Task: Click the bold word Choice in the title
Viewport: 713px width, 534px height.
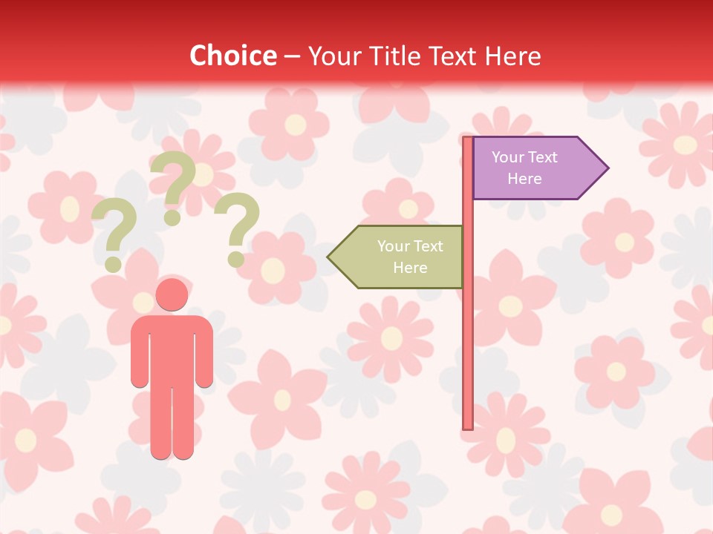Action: [232, 56]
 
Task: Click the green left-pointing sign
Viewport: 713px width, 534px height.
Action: [401, 257]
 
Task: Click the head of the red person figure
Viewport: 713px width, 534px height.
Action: [172, 294]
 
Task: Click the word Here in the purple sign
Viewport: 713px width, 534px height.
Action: [524, 179]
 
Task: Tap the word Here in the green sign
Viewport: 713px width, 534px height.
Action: [410, 268]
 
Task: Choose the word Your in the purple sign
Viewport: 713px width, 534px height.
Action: [508, 157]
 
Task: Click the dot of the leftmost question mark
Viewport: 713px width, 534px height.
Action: [113, 263]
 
